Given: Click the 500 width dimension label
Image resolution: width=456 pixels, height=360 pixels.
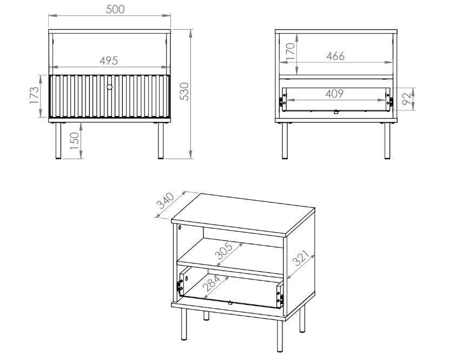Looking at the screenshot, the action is (x=115, y=9).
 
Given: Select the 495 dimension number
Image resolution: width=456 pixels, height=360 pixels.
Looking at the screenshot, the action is (x=109, y=61).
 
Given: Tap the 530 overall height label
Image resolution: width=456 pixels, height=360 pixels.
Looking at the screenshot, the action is (x=184, y=91).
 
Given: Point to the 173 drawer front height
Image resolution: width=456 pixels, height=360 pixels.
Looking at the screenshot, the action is (x=34, y=95).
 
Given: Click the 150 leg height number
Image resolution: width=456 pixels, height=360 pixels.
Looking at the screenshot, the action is (x=75, y=141).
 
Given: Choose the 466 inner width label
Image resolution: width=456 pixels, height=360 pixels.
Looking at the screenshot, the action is (x=335, y=56).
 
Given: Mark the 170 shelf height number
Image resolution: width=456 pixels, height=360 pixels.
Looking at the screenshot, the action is (x=290, y=51).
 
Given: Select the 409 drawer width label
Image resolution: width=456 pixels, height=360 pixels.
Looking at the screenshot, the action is (x=334, y=94).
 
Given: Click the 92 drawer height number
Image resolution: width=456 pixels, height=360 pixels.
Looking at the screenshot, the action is (x=407, y=99).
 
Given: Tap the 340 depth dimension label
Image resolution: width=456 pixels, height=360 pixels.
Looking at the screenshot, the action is (x=165, y=201).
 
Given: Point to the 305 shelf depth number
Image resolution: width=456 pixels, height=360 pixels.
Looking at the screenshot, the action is (x=223, y=251).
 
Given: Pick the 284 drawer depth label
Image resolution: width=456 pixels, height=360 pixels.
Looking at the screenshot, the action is (x=212, y=283).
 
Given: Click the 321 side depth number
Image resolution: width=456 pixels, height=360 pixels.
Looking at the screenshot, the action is (x=301, y=258).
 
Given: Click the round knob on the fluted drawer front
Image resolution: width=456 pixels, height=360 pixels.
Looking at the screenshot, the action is (x=109, y=87).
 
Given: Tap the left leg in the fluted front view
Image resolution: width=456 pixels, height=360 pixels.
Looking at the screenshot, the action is (x=58, y=141).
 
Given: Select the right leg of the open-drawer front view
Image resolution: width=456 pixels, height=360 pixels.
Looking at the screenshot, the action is (x=387, y=141).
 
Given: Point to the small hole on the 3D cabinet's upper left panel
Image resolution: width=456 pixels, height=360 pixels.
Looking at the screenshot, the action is (x=180, y=227).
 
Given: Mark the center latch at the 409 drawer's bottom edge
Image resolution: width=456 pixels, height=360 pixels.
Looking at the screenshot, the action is (x=336, y=112).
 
